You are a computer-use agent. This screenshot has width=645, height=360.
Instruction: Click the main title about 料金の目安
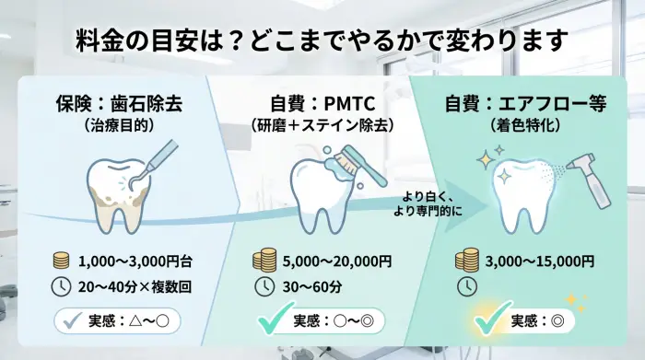(x=322, y=42)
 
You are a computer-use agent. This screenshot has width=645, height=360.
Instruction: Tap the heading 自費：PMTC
(x=322, y=104)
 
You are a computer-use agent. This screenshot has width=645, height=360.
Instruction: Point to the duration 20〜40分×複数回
(x=135, y=286)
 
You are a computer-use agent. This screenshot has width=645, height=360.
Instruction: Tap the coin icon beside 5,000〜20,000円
(x=264, y=259)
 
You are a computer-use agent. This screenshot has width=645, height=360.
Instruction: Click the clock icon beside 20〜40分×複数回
(x=60, y=286)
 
